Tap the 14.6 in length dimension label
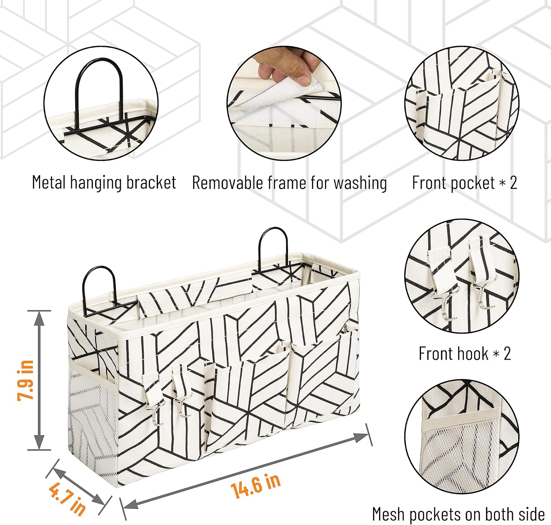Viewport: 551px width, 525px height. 256,485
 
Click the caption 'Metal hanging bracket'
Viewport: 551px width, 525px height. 104,182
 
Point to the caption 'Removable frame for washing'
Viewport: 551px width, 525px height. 289,183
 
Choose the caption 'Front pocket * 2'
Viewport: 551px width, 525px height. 464,183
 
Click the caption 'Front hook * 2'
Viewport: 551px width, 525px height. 465,354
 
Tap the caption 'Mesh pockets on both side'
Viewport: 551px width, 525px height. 458,514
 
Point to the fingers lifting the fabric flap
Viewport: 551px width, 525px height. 287,66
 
